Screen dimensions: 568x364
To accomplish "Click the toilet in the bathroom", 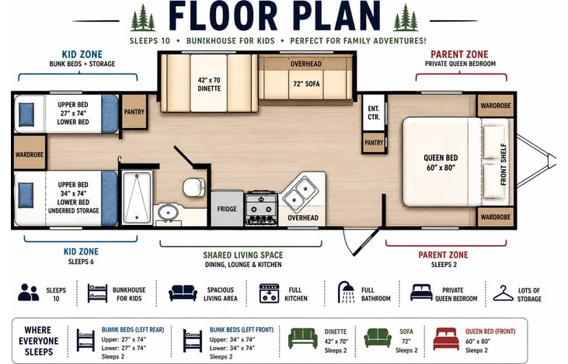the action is click(193, 187).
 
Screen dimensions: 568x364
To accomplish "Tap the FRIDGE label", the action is click(227, 209).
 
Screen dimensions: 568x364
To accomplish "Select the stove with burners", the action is click(261, 209).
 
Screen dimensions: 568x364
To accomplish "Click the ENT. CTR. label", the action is click(374, 113).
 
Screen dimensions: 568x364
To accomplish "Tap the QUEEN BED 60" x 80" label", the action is click(441, 162).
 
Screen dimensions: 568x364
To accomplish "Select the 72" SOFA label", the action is click(306, 84).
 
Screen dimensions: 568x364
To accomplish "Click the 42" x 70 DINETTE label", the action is click(209, 85).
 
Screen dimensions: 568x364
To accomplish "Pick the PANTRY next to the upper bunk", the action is click(134, 112).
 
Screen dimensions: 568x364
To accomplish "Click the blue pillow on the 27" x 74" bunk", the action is click(26, 114).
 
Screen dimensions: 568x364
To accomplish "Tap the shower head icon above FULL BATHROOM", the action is click(347, 292).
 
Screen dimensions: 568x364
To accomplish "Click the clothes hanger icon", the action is click(503, 293).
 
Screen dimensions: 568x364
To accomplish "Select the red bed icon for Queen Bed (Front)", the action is click(446, 338).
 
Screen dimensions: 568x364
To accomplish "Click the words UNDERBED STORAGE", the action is click(74, 210).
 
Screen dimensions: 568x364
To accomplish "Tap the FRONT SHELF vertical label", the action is click(504, 165).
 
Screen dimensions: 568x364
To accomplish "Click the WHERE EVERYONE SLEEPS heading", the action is click(38, 341).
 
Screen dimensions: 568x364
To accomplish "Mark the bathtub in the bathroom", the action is click(137, 198).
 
